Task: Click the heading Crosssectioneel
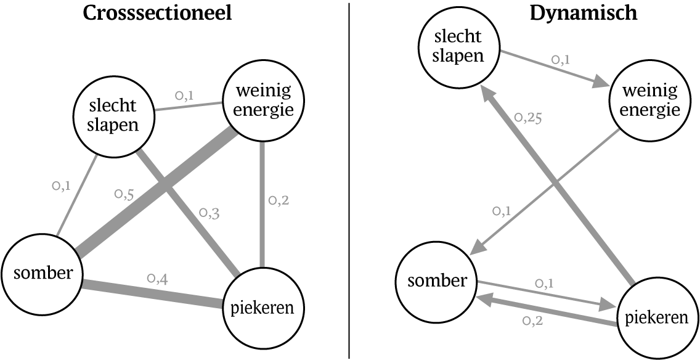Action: (x=158, y=14)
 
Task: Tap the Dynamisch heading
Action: (x=584, y=14)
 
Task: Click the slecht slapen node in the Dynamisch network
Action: (x=457, y=47)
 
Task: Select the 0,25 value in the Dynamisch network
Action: (x=527, y=118)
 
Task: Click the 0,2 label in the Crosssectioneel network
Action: (x=279, y=200)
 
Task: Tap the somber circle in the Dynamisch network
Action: (x=435, y=281)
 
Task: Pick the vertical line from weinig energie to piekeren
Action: (x=263, y=203)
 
